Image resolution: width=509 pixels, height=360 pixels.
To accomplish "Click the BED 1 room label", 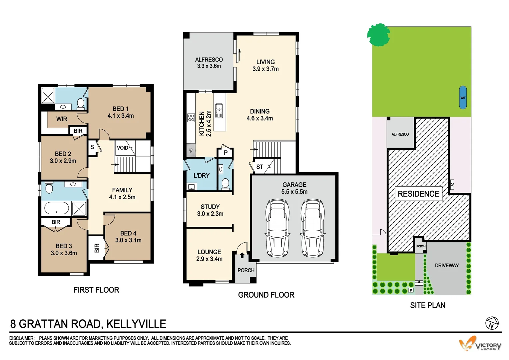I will coord(120,109).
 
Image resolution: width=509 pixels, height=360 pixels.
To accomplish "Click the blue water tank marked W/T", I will coord(463,97).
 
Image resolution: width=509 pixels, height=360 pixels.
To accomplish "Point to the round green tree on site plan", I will coord(378,34).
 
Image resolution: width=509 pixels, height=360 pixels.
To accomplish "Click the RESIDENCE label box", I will coord(418,194).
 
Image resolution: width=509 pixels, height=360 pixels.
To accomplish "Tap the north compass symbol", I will coord(492,323).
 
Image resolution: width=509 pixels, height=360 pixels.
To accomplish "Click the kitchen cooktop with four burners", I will coord(191,118).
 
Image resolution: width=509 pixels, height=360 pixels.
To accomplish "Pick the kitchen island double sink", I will coord(219,111).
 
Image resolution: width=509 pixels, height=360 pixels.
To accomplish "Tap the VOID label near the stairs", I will coord(122,148).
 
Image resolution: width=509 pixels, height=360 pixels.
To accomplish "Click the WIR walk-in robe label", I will coord(62,119).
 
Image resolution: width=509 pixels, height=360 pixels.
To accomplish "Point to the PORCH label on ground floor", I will coord(246,270).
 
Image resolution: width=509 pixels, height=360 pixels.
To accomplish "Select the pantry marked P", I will coord(226,153).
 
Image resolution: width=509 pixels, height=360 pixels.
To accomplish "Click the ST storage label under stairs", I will coord(259,167).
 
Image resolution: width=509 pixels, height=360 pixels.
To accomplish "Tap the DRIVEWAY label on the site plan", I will coord(447,265).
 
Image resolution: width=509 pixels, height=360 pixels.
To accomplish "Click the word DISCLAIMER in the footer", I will coord(22,338).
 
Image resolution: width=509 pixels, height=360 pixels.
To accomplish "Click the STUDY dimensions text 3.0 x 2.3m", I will coord(210,214).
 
